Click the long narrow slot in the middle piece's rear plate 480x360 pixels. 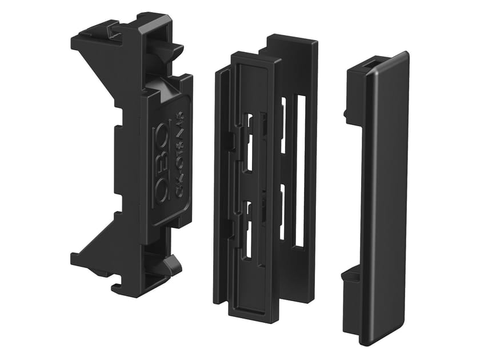pyautogui.click(x=299, y=171)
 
